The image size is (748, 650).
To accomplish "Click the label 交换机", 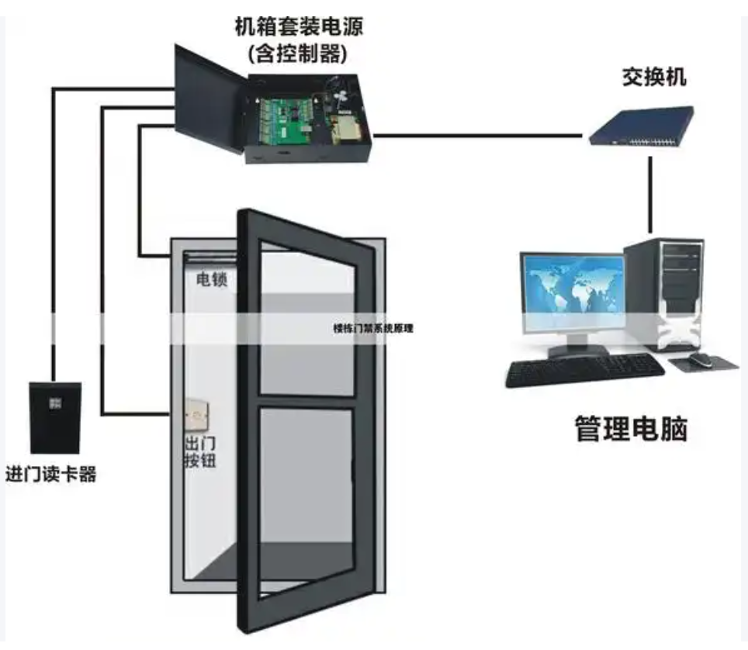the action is tap(653, 78).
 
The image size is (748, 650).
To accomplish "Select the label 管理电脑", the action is tap(631, 429).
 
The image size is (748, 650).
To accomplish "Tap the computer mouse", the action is tap(701, 360).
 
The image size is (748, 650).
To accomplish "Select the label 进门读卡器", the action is tap(51, 474).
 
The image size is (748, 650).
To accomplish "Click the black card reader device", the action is tap(55, 418).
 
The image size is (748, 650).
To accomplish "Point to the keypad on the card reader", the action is tap(55, 403).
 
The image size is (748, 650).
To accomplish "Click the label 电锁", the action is tap(211, 279).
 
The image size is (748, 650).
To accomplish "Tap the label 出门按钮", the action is tap(200, 451).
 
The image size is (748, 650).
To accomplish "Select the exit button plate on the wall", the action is tap(197, 416).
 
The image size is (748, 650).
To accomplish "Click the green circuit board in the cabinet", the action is tap(286, 121).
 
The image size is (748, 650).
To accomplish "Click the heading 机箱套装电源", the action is tap(299, 26).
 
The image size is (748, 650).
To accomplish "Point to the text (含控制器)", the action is tap(297, 54).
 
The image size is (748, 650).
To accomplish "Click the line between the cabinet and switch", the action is tap(477, 136).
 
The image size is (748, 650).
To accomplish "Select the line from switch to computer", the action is tap(650, 195).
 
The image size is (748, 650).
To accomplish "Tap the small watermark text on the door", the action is tap(373, 328).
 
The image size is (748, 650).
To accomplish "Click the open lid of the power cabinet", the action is tap(208, 99).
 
